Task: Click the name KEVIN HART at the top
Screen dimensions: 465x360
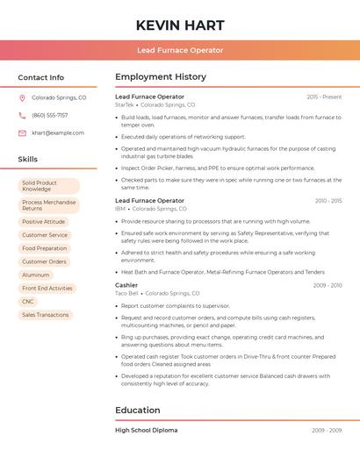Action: (x=180, y=25)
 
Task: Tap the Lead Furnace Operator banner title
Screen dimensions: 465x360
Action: (x=180, y=51)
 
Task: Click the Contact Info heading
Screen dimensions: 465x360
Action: (x=41, y=77)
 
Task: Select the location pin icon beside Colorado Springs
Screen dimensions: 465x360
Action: (x=22, y=98)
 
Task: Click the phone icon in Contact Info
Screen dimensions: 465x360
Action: (x=22, y=116)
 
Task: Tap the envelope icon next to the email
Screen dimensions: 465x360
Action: (x=22, y=133)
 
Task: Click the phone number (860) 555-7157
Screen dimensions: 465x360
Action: (x=49, y=116)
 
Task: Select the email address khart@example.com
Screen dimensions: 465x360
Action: (x=58, y=133)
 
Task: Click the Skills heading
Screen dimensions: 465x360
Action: (x=28, y=160)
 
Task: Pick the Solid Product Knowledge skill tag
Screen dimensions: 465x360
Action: (x=48, y=186)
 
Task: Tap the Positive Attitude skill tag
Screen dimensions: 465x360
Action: (x=44, y=222)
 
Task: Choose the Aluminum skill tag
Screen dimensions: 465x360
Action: (x=36, y=275)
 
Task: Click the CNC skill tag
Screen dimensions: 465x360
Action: (x=28, y=301)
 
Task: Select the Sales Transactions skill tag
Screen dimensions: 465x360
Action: (x=45, y=314)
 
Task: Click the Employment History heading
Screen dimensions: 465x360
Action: (x=161, y=77)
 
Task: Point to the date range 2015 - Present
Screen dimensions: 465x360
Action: (x=324, y=97)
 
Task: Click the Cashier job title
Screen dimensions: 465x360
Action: (x=126, y=285)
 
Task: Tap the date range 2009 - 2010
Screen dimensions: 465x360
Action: (x=327, y=285)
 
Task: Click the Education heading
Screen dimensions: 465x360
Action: (x=138, y=410)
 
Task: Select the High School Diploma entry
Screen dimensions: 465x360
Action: (x=147, y=431)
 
